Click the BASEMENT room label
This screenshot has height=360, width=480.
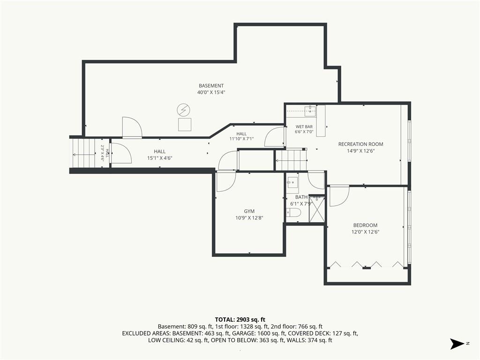click(x=211, y=86)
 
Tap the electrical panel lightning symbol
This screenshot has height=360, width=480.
click(x=183, y=110)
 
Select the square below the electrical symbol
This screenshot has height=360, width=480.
click(x=185, y=124)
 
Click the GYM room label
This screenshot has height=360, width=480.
click(x=249, y=211)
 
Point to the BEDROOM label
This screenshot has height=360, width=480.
click(x=365, y=225)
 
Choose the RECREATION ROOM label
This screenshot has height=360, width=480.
click(x=360, y=144)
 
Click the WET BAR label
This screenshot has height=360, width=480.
click(x=304, y=127)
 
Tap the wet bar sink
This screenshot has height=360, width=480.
click(x=310, y=110)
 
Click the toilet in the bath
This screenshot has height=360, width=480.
click(x=294, y=212)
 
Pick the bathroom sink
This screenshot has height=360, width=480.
click(x=292, y=183)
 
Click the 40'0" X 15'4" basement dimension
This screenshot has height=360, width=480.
click(x=211, y=92)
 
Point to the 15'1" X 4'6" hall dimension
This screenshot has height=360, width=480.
click(x=160, y=158)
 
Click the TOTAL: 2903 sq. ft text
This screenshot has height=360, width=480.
click(x=240, y=320)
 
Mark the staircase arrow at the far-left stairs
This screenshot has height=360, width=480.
click(x=84, y=155)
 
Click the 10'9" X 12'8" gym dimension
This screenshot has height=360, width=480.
click(x=249, y=218)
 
